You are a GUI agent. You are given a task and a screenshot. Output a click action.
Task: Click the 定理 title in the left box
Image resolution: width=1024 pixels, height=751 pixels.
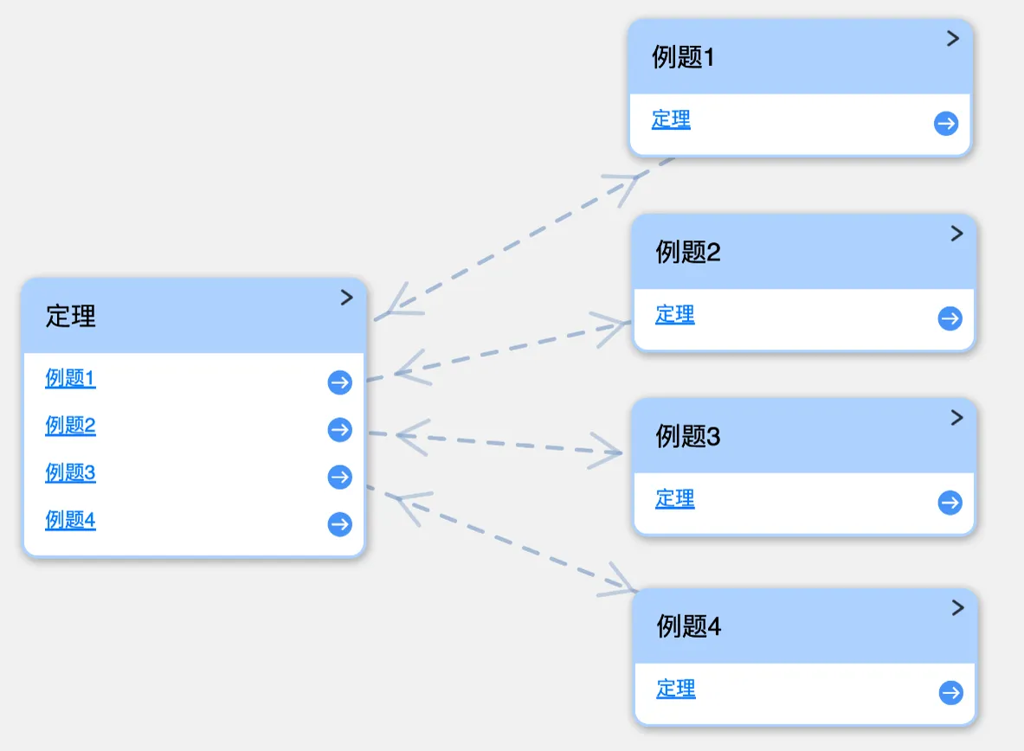tap(70, 316)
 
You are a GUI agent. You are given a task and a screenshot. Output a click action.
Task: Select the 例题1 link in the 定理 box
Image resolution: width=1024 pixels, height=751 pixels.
tap(70, 377)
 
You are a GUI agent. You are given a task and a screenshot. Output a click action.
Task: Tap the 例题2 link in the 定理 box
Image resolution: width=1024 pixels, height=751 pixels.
tap(70, 425)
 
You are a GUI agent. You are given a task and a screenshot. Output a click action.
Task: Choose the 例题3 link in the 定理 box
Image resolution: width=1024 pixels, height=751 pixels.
tap(70, 472)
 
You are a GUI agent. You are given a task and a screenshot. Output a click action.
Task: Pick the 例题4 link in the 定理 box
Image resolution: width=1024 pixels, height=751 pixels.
tap(70, 520)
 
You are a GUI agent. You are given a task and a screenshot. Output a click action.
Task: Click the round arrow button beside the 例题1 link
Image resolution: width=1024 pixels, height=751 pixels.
tap(339, 382)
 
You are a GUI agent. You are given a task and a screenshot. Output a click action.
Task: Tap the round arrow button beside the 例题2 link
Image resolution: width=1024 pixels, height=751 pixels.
tap(339, 430)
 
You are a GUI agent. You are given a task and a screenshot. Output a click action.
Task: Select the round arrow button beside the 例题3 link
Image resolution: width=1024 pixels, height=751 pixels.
tap(339, 477)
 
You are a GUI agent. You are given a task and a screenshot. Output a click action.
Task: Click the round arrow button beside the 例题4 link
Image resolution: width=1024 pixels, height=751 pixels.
tap(339, 523)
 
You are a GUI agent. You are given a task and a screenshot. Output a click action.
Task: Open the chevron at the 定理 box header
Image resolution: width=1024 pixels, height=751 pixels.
tap(347, 298)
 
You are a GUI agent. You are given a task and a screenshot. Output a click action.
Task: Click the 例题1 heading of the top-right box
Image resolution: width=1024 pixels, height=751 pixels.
tap(683, 57)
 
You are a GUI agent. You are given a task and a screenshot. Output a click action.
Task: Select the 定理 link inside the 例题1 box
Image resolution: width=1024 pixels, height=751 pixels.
tap(671, 119)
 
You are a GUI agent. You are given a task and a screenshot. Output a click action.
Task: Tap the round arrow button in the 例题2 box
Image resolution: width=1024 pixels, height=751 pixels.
tap(950, 318)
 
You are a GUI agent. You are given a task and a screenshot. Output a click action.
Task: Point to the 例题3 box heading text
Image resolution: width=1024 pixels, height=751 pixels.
tap(687, 436)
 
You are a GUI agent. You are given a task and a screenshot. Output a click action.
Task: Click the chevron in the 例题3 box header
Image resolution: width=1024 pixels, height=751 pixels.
tap(956, 418)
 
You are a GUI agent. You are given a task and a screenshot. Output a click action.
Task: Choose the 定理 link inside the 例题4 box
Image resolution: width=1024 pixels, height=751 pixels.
tap(676, 689)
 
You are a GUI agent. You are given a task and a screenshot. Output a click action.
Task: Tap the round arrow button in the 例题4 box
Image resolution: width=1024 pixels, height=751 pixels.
tap(950, 692)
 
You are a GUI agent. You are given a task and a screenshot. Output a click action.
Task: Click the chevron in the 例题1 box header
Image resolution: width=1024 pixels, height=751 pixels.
tap(953, 39)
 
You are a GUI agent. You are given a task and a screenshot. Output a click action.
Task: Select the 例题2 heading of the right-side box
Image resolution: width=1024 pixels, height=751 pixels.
tap(687, 252)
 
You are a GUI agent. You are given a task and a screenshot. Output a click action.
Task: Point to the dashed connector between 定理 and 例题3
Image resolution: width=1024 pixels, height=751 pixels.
tap(496, 443)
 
